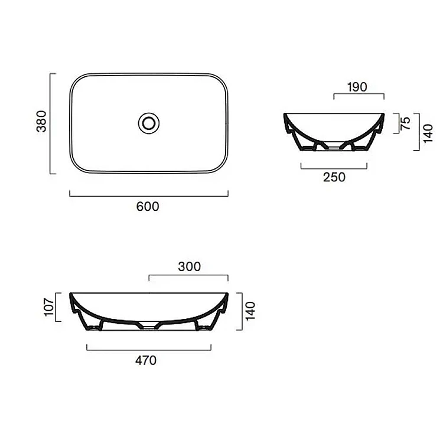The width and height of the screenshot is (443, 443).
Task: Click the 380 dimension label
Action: [x=41, y=122]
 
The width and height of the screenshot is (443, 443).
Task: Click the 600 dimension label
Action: [x=148, y=207]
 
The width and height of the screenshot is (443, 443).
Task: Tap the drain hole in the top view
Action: [x=149, y=123]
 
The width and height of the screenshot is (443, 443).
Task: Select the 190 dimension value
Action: [x=357, y=87]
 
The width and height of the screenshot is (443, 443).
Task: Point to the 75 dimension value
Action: [x=405, y=123]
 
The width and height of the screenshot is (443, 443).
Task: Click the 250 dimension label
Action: [x=334, y=177]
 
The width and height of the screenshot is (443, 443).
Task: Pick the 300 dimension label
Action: [x=189, y=266]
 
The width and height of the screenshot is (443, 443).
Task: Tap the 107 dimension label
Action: [x=49, y=307]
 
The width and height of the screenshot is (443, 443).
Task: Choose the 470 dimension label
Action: [x=146, y=360]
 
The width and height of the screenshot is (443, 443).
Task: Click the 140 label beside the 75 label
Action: [x=428, y=133]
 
